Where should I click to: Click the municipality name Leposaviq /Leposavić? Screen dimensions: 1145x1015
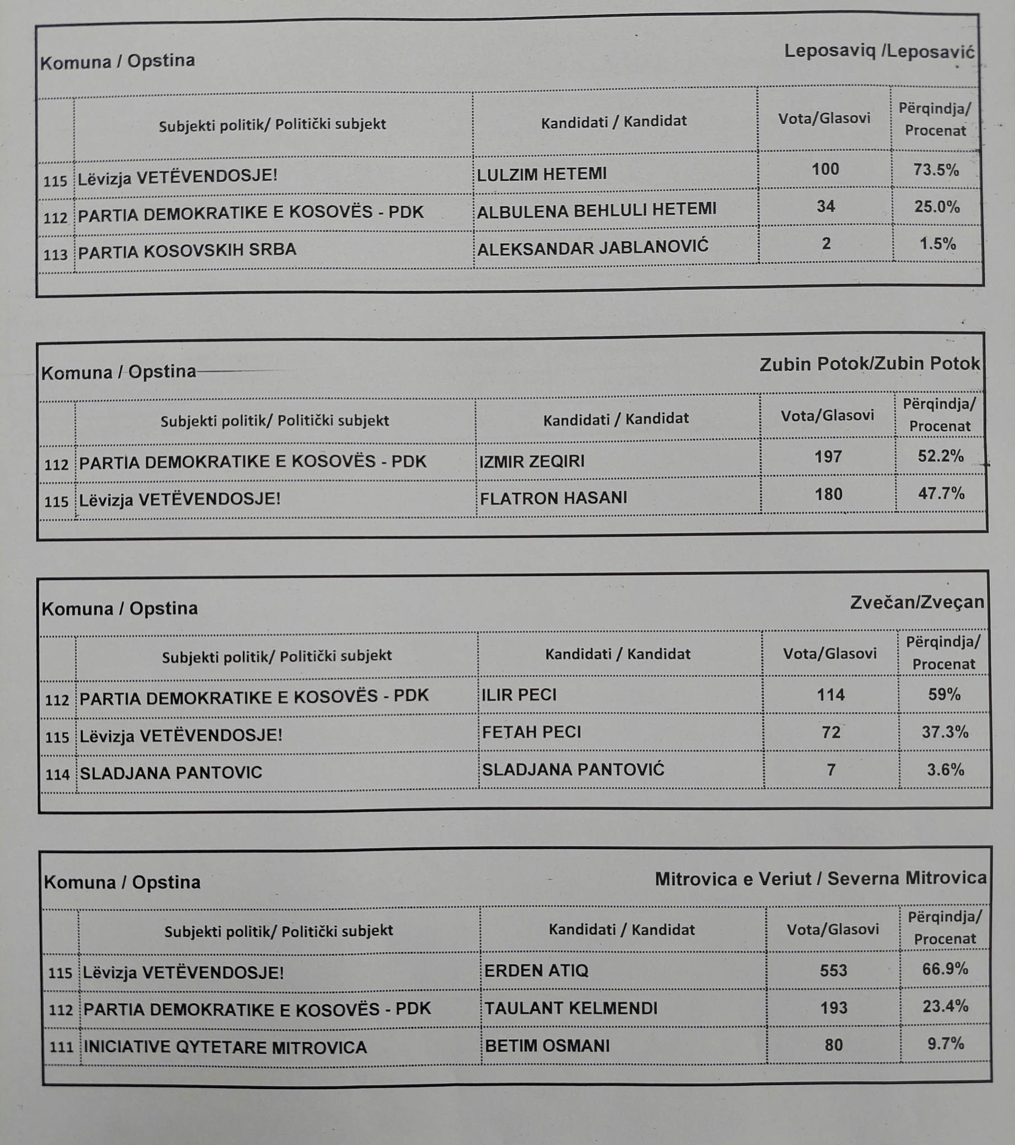click(879, 51)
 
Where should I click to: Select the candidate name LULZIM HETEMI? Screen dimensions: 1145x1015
click(541, 174)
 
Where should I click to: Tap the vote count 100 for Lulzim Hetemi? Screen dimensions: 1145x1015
click(825, 169)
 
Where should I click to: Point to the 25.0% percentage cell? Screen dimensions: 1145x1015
click(937, 207)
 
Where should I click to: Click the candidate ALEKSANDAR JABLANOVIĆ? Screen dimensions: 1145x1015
click(592, 247)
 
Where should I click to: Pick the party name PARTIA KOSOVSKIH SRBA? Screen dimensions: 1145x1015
click(187, 250)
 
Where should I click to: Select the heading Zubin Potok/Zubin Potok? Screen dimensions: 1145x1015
click(869, 364)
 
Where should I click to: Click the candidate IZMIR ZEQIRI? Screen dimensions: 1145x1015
click(532, 462)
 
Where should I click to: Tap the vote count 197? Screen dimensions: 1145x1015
click(828, 457)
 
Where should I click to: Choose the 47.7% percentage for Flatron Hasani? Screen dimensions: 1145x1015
click(941, 494)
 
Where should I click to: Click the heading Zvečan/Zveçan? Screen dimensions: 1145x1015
click(917, 602)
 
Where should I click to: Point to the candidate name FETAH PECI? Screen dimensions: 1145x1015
click(531, 732)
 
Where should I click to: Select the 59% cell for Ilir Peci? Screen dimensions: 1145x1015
click(944, 694)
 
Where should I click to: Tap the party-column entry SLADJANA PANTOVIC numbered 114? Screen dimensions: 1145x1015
click(171, 773)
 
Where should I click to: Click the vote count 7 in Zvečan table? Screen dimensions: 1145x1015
click(831, 770)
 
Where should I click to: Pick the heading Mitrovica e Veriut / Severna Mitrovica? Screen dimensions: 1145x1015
click(820, 878)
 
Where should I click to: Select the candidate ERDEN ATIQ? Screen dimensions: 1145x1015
click(536, 970)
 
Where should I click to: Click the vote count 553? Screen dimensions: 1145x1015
click(833, 970)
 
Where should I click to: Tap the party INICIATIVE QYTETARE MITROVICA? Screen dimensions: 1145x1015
click(225, 1047)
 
